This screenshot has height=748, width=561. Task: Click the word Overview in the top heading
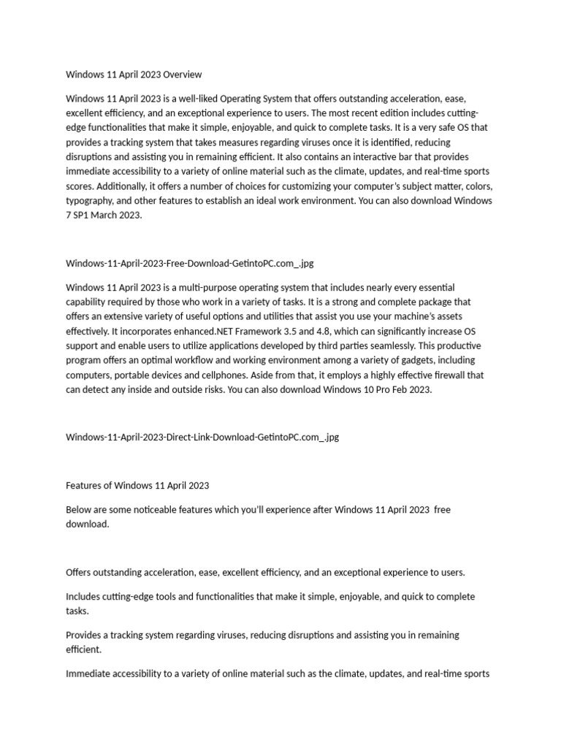[183, 75]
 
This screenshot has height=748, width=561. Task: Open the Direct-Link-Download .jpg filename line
[202, 437]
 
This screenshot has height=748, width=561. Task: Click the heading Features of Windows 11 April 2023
[137, 485]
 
